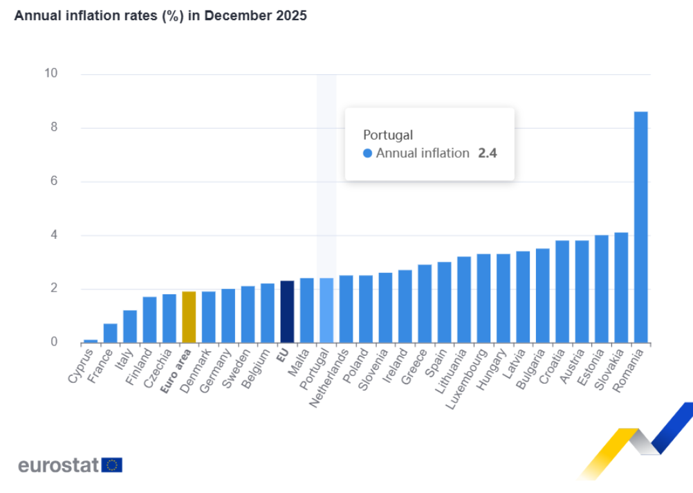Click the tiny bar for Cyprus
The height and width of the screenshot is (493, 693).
point(91,341)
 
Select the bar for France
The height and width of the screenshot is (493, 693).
point(110,333)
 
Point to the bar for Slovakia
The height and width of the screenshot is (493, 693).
point(621,287)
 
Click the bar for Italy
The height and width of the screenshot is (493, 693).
point(130,326)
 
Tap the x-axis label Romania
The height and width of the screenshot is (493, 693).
point(629,370)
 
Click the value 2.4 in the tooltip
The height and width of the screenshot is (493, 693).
point(488,153)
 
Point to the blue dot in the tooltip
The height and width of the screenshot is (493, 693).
point(367,153)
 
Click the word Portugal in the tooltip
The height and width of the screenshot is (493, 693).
point(387,134)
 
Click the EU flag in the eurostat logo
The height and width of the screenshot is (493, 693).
point(112,465)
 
